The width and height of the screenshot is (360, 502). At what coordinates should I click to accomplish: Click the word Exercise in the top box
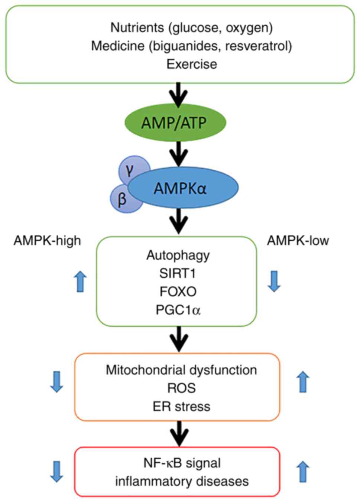click(192, 64)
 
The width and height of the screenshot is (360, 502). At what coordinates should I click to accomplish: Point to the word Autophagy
click(178, 255)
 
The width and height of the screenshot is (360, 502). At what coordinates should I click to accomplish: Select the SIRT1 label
click(178, 273)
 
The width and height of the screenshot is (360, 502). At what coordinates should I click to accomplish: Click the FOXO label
click(178, 291)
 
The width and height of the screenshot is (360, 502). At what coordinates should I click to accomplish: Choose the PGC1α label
click(178, 310)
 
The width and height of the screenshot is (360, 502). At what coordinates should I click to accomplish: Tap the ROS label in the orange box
click(181, 388)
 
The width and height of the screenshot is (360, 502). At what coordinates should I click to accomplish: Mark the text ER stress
click(181, 406)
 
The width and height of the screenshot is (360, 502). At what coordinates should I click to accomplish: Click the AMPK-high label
click(47, 241)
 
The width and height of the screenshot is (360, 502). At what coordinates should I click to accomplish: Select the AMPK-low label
click(298, 241)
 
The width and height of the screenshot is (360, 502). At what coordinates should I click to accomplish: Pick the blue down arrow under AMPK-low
click(274, 281)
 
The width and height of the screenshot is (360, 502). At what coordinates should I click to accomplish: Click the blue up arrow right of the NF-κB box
click(303, 472)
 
